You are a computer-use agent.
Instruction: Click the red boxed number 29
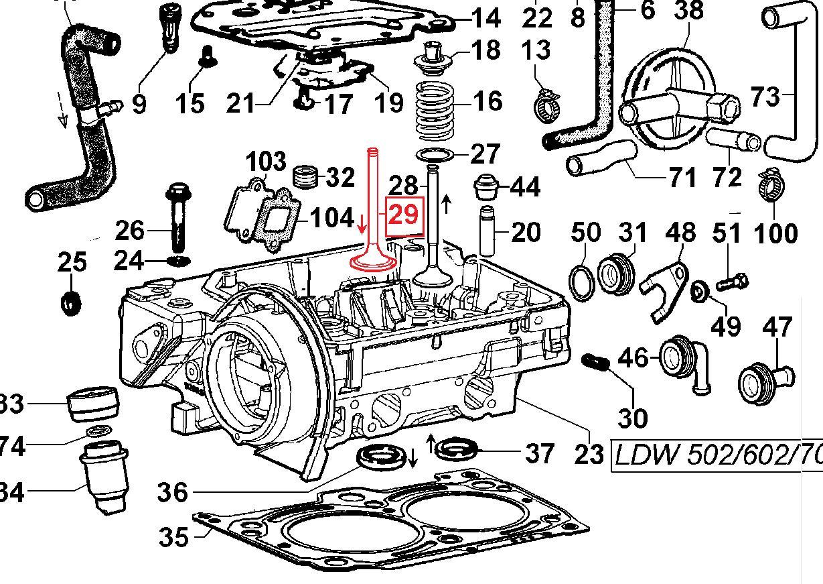(x=404, y=215)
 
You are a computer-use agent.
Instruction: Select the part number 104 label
(x=332, y=217)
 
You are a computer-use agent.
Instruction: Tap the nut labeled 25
(x=70, y=303)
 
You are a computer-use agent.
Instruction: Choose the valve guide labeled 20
(x=490, y=232)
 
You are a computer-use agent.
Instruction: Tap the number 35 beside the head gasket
(x=173, y=536)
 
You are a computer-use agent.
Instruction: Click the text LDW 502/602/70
(x=717, y=457)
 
